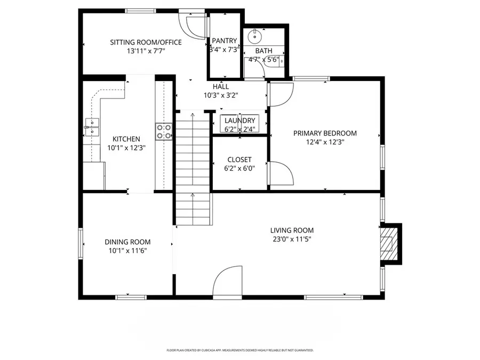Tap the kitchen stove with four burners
click(164, 131)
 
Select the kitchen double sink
click(92, 129)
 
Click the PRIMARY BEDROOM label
click(325, 133)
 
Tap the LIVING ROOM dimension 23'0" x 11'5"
click(292, 239)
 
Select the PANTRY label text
click(224, 41)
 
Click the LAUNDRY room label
click(239, 121)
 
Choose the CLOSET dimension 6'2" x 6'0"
click(239, 168)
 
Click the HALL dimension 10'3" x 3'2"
click(221, 95)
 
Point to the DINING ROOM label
click(127, 242)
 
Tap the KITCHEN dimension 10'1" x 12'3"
click(127, 148)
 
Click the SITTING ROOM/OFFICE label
click(146, 43)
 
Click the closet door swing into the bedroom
click(280, 173)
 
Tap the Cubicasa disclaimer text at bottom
click(239, 350)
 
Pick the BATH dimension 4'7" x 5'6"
click(263, 60)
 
